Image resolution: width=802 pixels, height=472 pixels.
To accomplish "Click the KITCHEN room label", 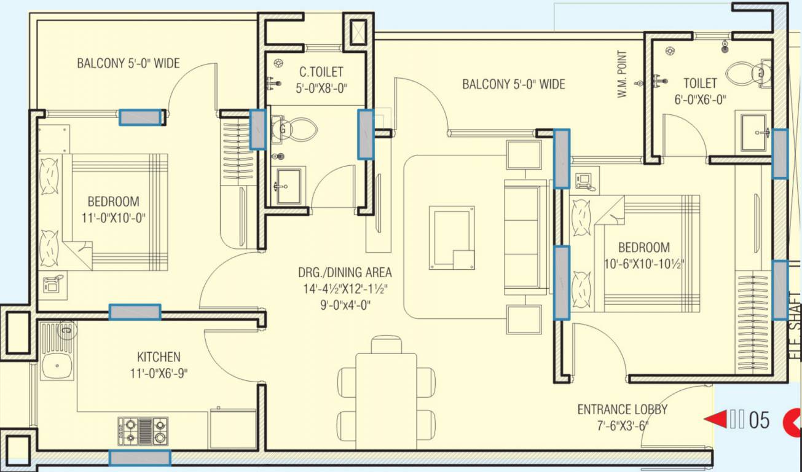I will (159, 357).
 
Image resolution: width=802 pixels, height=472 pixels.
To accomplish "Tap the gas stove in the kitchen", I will (143, 430).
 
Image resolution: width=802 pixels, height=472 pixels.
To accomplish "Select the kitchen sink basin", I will (57, 368).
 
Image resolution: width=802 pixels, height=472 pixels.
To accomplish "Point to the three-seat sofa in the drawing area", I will (525, 237).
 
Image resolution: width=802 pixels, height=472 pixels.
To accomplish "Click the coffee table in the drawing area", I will (452, 237).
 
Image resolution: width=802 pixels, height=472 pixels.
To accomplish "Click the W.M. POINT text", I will (622, 74).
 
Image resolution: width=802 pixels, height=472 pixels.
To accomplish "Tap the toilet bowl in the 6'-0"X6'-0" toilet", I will (746, 74).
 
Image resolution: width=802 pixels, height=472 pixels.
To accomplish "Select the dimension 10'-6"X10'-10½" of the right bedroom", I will (644, 264).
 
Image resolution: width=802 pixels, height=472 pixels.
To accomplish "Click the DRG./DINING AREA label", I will (345, 272).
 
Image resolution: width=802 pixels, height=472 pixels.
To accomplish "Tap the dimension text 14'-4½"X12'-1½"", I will (345, 288).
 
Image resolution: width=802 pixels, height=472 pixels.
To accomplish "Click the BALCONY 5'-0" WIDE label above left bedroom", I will (128, 63).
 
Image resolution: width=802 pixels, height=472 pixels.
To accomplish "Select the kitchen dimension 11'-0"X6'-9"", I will (159, 373).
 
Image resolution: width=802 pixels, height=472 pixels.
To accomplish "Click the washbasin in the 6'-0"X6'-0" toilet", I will (753, 132).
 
